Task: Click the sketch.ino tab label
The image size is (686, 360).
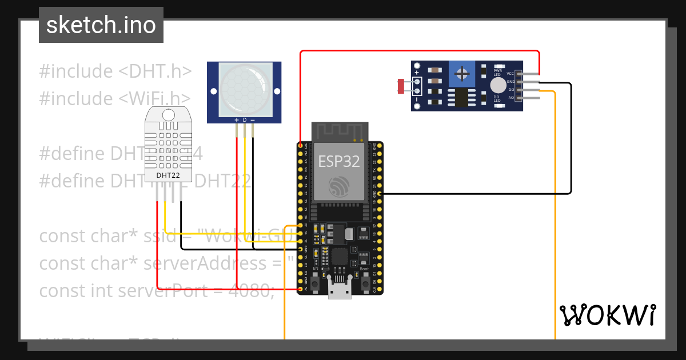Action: pyautogui.click(x=101, y=25)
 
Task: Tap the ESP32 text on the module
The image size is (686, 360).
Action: pyautogui.click(x=339, y=161)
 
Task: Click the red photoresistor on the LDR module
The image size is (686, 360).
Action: pyautogui.click(x=401, y=86)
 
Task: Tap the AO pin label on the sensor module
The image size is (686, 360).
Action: pyautogui.click(x=510, y=98)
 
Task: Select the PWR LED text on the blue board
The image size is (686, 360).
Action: pyautogui.click(x=497, y=73)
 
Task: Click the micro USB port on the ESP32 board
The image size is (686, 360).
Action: pyautogui.click(x=340, y=291)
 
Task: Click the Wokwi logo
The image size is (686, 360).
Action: pyautogui.click(x=607, y=315)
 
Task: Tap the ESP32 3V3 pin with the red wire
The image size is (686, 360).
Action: pyautogui.click(x=301, y=146)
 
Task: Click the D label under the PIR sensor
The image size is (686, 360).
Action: pyautogui.click(x=245, y=120)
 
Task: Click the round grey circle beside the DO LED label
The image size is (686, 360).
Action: pyautogui.click(x=498, y=86)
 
